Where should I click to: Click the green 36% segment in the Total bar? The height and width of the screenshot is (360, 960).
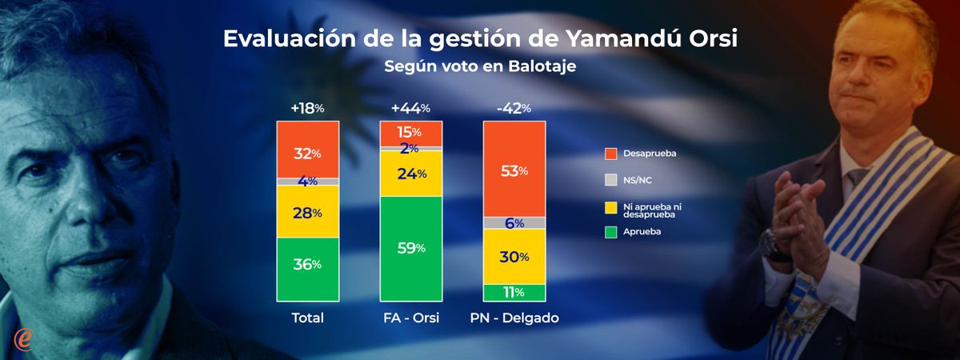point(308,269)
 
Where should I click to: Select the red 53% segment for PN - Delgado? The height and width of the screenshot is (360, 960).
point(514,169)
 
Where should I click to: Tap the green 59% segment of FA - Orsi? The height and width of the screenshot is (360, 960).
point(411,248)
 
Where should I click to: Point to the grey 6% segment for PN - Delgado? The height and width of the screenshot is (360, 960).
point(514,223)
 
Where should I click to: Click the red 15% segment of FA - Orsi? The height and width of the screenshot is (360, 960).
point(411,133)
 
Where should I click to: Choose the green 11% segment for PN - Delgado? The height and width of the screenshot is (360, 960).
point(514,292)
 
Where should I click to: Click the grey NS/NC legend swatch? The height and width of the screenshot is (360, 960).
point(611,180)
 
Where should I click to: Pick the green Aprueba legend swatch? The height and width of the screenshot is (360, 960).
point(611,232)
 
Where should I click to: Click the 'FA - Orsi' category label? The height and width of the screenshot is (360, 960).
point(411,318)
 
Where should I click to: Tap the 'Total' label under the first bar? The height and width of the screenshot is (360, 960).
point(308,318)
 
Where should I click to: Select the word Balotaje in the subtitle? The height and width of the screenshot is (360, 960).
point(542,67)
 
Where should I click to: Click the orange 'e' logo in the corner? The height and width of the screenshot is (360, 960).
point(22,338)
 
